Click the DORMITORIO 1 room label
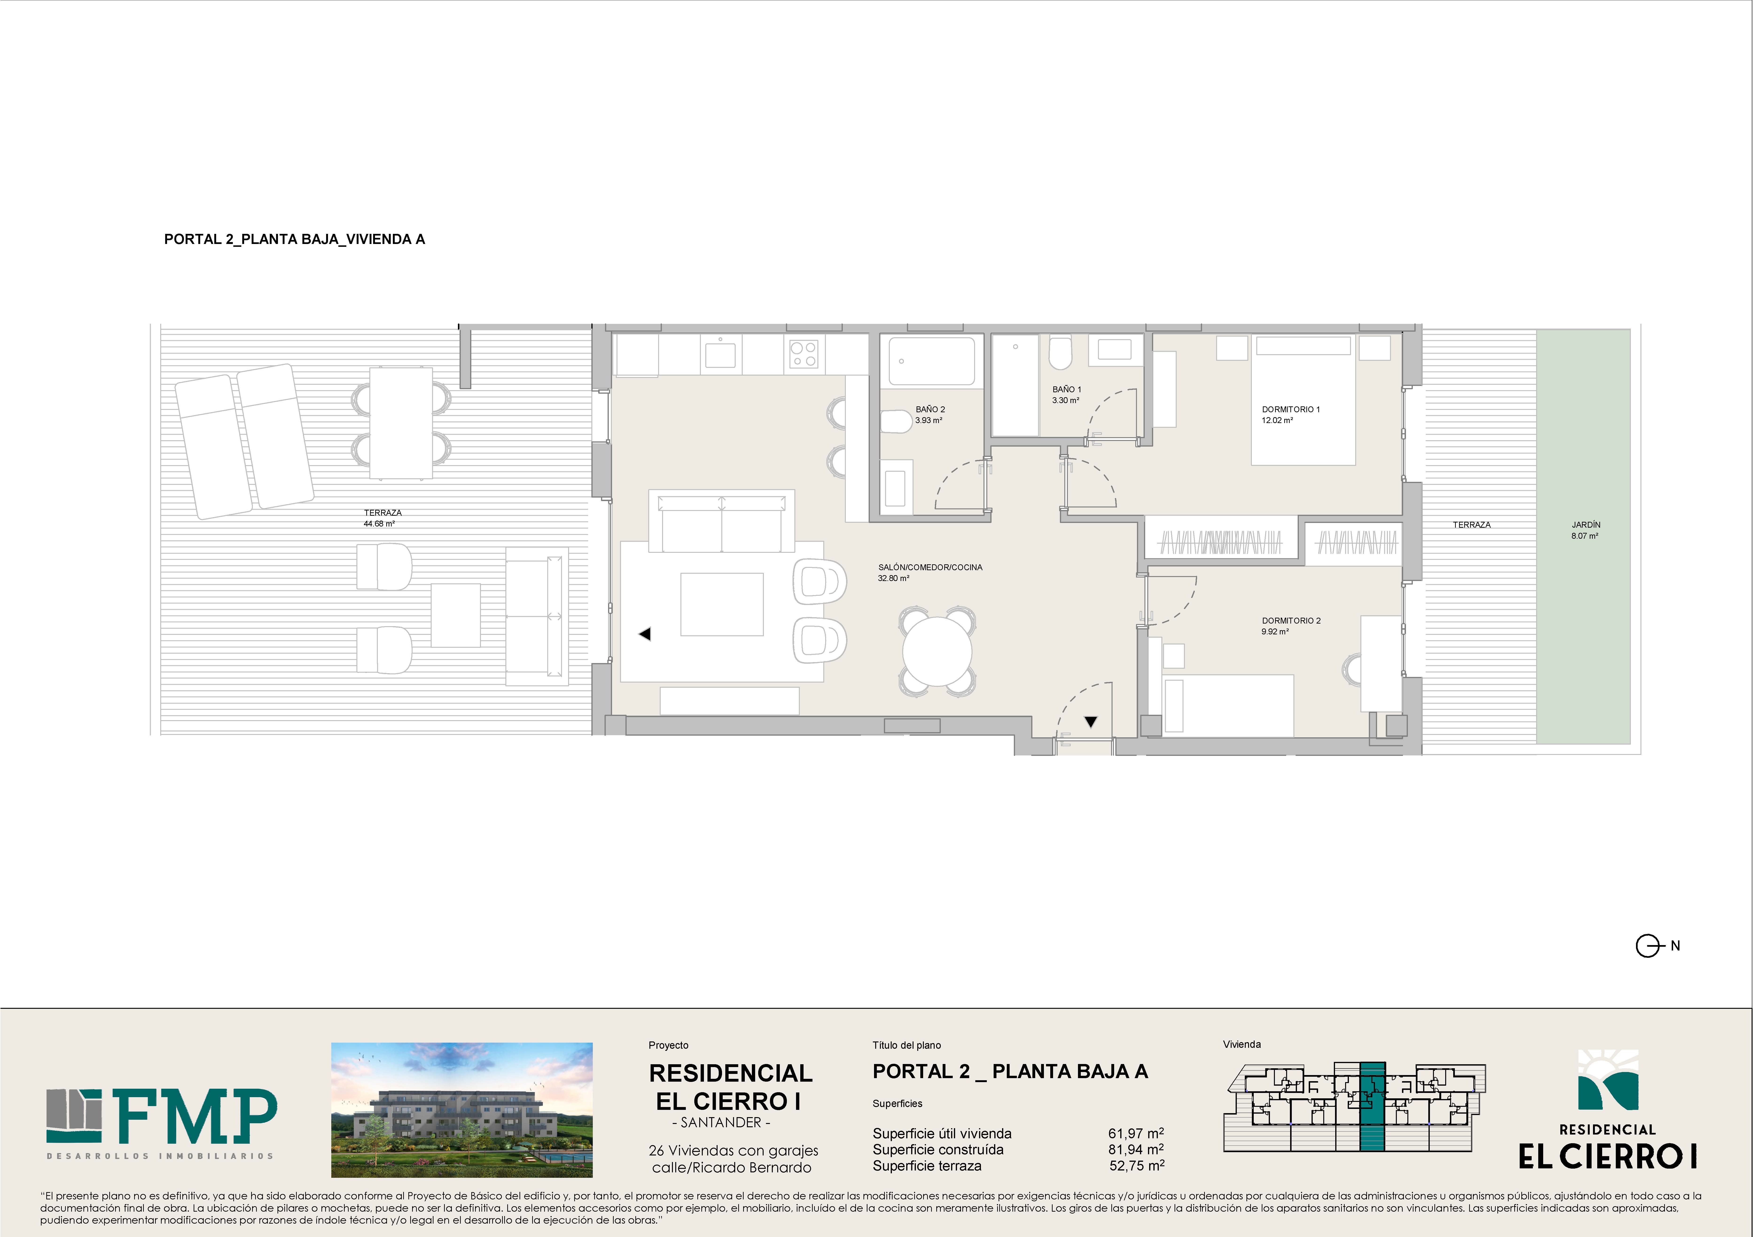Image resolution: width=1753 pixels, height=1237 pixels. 1290,409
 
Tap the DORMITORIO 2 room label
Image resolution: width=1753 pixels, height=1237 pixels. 1290,621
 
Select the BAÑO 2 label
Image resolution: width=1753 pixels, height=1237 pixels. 930,409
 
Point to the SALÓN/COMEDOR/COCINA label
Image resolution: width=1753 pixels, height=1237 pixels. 930,567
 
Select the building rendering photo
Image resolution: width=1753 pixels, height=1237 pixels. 462,1109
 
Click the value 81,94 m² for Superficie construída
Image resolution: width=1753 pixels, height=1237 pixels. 1136,1149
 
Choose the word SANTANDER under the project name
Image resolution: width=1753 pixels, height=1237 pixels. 721,1123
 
